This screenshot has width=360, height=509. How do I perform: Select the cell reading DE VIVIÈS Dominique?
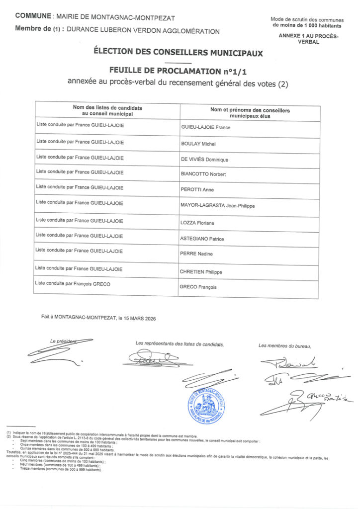click(204, 160)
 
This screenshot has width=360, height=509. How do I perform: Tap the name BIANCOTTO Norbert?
click(200, 174)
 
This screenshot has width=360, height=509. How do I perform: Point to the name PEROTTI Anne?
click(193, 190)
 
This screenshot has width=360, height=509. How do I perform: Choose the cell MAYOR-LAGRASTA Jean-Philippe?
click(218, 205)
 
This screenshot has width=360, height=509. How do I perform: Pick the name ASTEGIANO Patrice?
click(202, 239)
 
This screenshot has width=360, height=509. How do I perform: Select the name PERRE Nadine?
click(195, 254)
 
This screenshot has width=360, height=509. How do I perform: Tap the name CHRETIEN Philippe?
click(201, 272)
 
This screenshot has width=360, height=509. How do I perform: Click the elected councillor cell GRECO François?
click(198, 287)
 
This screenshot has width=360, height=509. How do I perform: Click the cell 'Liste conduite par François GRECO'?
click(72, 283)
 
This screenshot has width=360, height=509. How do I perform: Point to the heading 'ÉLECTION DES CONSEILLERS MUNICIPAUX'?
click(178, 52)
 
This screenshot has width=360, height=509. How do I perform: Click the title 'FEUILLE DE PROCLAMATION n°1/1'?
click(178, 71)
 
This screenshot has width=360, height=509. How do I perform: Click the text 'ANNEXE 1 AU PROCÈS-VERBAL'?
click(308, 39)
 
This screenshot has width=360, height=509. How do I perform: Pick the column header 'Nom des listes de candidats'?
click(107, 107)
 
